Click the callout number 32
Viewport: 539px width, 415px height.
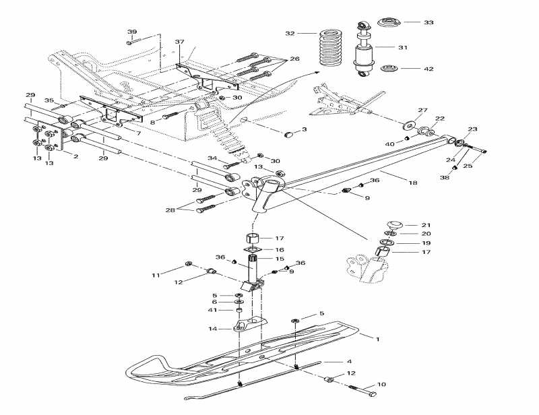[x=290, y=33]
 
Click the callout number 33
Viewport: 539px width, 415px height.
[x=429, y=22]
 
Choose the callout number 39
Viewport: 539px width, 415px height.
[x=132, y=32]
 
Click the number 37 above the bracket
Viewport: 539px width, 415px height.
[x=179, y=42]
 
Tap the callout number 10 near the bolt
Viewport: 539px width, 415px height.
[x=381, y=385]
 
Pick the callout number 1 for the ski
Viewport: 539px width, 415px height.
[x=378, y=339]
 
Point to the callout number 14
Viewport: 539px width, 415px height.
[x=214, y=329]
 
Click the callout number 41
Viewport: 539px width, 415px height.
[x=213, y=310]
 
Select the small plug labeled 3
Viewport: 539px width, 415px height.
[x=289, y=134]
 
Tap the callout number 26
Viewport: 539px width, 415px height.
[x=294, y=59]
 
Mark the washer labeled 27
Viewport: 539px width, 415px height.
[x=408, y=126]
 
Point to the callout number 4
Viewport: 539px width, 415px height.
[x=350, y=362]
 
